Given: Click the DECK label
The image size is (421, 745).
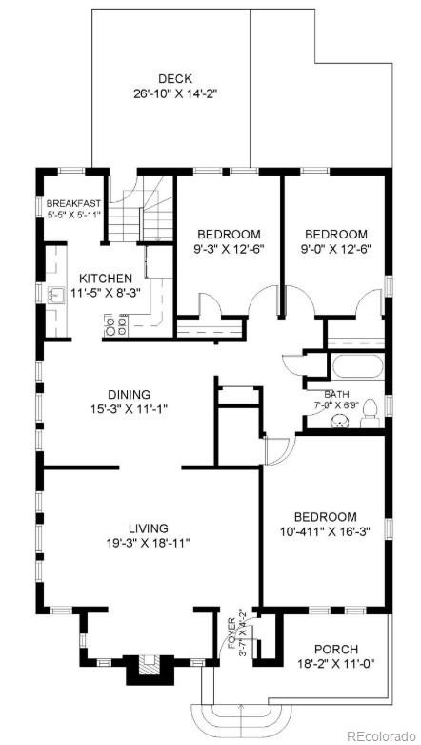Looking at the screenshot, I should [x=174, y=79].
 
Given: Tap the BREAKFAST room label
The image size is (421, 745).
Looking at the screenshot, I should [x=73, y=203].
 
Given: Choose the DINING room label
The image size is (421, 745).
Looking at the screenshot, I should [x=129, y=394].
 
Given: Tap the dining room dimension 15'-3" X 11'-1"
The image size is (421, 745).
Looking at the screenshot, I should [x=129, y=410].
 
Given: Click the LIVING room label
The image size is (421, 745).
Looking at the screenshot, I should [x=149, y=528].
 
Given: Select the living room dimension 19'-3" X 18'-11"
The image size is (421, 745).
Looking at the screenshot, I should [x=149, y=544].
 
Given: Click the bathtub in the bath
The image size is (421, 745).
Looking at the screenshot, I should [x=355, y=368].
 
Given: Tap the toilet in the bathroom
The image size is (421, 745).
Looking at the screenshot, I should [x=376, y=410].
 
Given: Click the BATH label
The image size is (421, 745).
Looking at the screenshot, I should [x=336, y=394].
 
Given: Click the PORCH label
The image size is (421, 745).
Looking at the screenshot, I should [x=335, y=649].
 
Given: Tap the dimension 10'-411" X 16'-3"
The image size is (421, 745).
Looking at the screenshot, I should [x=325, y=531].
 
